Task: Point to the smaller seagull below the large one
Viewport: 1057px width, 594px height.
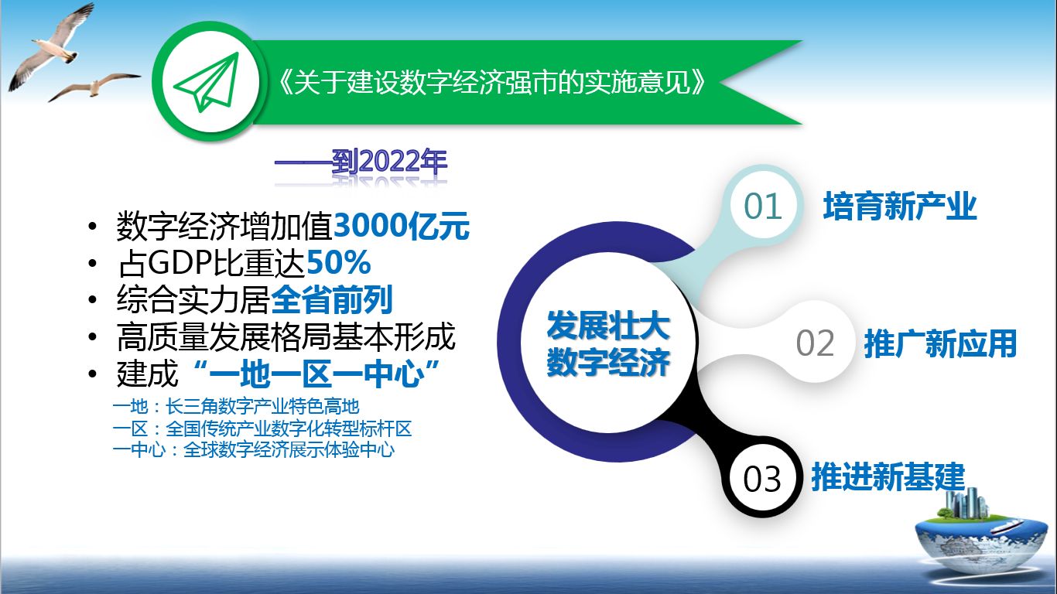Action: (94, 87)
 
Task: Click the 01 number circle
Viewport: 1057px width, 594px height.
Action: (763, 207)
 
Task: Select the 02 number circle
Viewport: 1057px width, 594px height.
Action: (815, 343)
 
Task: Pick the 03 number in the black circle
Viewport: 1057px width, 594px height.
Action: (762, 479)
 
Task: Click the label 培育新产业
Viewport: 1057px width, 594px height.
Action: (900, 207)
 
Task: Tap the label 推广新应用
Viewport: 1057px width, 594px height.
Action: (940, 343)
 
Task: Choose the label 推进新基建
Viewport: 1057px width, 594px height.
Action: (888, 477)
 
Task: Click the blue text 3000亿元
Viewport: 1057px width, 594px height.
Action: (402, 226)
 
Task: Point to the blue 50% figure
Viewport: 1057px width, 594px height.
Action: (339, 262)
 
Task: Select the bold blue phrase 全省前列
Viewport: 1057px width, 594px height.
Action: (332, 299)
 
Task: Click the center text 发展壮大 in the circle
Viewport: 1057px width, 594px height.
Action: (608, 326)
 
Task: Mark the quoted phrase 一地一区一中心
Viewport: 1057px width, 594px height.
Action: (316, 374)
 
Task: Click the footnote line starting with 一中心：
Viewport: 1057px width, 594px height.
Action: (254, 450)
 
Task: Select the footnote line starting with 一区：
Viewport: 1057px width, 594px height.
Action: (262, 428)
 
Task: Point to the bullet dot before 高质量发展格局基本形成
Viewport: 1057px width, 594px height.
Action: (93, 337)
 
